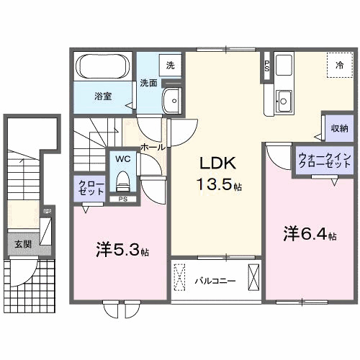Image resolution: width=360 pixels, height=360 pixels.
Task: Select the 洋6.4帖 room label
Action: [x=309, y=234]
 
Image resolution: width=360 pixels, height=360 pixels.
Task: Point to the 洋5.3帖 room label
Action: [x=122, y=251]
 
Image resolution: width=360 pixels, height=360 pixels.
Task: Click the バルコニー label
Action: [x=215, y=281]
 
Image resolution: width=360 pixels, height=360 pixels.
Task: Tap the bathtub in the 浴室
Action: [x=102, y=70]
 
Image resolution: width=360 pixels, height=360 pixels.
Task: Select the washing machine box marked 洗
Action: [x=170, y=65]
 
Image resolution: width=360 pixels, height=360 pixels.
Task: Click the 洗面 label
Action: [x=148, y=82]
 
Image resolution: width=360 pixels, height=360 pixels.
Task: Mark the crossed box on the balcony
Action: [x=253, y=277]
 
